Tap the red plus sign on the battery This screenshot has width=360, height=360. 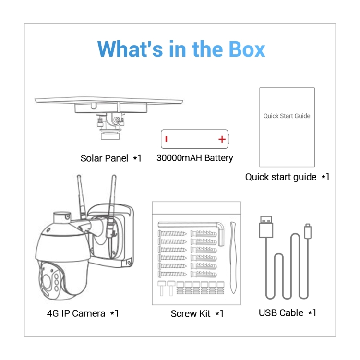[x=221, y=139]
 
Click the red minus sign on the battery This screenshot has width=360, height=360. [x=166, y=139]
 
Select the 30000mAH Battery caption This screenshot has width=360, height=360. [x=194, y=158]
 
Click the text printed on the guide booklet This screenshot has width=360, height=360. [x=287, y=116]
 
